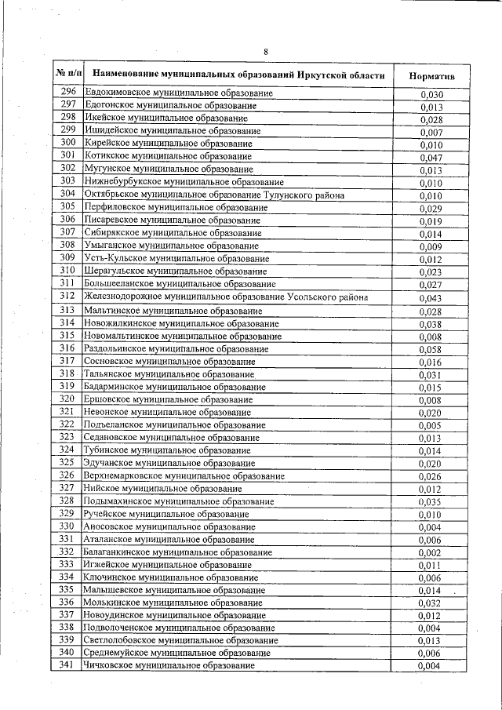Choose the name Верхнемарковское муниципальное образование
coord(184,475)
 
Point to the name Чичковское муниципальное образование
coord(169,665)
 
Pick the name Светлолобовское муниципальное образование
coord(180,640)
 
